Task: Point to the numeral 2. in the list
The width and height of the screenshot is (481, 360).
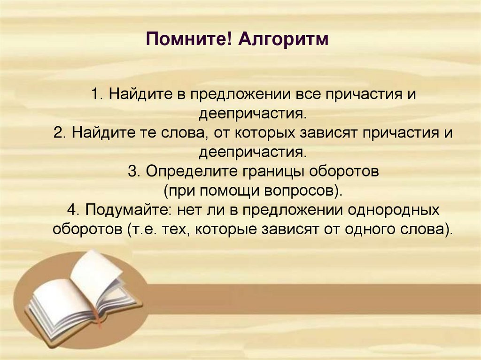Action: (x=60, y=133)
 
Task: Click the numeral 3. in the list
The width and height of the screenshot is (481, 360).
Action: (x=133, y=171)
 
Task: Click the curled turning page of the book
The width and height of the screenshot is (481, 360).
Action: (x=96, y=272)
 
